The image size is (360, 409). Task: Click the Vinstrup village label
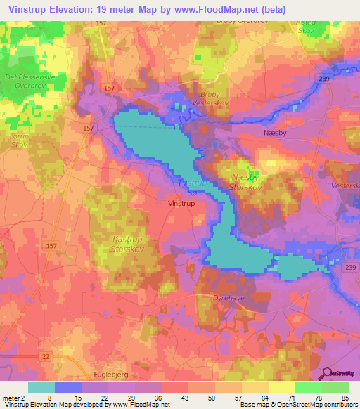(182, 203)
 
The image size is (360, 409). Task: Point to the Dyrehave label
(226, 298)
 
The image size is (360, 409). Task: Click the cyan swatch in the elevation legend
(41, 387)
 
